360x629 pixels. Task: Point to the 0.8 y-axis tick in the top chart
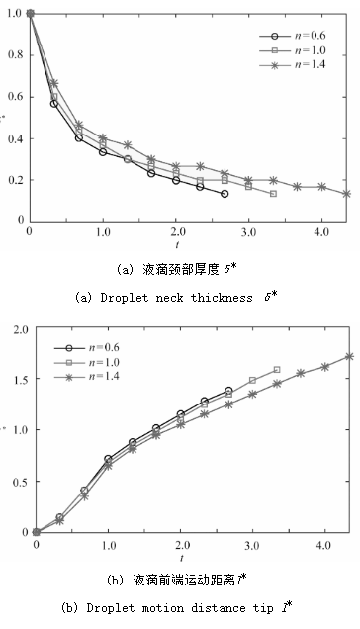click(17, 54)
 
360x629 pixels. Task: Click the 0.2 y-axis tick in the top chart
click(17, 179)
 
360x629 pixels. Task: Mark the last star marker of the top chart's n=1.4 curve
click(346, 194)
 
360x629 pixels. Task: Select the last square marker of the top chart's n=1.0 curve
click(273, 194)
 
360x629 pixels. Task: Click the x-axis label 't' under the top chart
click(176, 244)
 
